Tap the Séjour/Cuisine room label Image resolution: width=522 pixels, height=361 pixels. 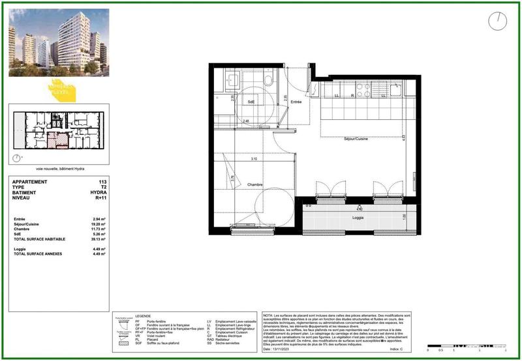(358, 138)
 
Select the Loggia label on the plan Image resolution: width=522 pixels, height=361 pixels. (358, 217)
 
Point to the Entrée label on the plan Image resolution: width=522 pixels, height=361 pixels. (296, 102)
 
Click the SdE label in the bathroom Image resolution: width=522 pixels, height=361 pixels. (251, 102)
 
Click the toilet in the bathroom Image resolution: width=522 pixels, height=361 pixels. (268, 79)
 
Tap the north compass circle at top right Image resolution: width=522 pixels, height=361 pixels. (497, 22)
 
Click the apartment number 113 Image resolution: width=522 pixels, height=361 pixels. (102, 182)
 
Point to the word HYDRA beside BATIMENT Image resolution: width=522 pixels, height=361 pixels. (99, 193)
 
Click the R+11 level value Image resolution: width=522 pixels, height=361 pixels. (100, 198)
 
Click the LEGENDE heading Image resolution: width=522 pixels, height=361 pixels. (143, 316)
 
